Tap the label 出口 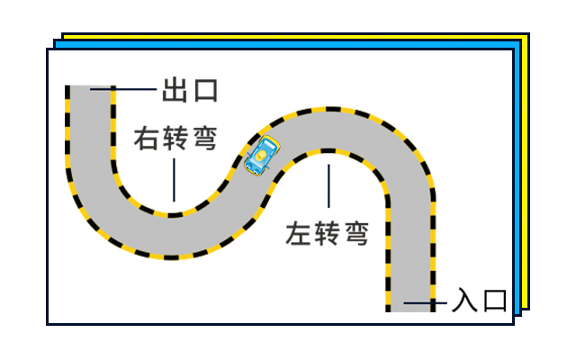(190, 91)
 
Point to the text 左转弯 (328, 233)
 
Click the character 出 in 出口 (175, 91)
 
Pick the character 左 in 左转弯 (301, 233)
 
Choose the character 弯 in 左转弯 (355, 233)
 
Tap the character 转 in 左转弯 (328, 233)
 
